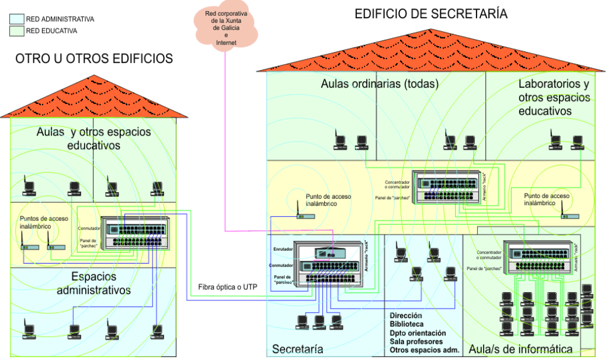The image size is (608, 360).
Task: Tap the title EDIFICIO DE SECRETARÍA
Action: [431, 13]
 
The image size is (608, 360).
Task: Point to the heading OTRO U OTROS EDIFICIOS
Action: [94, 58]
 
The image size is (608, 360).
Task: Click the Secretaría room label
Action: [298, 349]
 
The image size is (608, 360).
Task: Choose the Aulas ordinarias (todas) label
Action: [379, 84]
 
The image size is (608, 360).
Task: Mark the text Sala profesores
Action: [416, 341]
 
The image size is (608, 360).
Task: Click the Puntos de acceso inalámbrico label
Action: [44, 223]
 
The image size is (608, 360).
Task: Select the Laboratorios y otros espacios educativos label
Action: [553, 98]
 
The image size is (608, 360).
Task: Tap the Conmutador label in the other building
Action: [89, 228]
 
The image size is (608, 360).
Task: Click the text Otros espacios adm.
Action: [425, 350]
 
